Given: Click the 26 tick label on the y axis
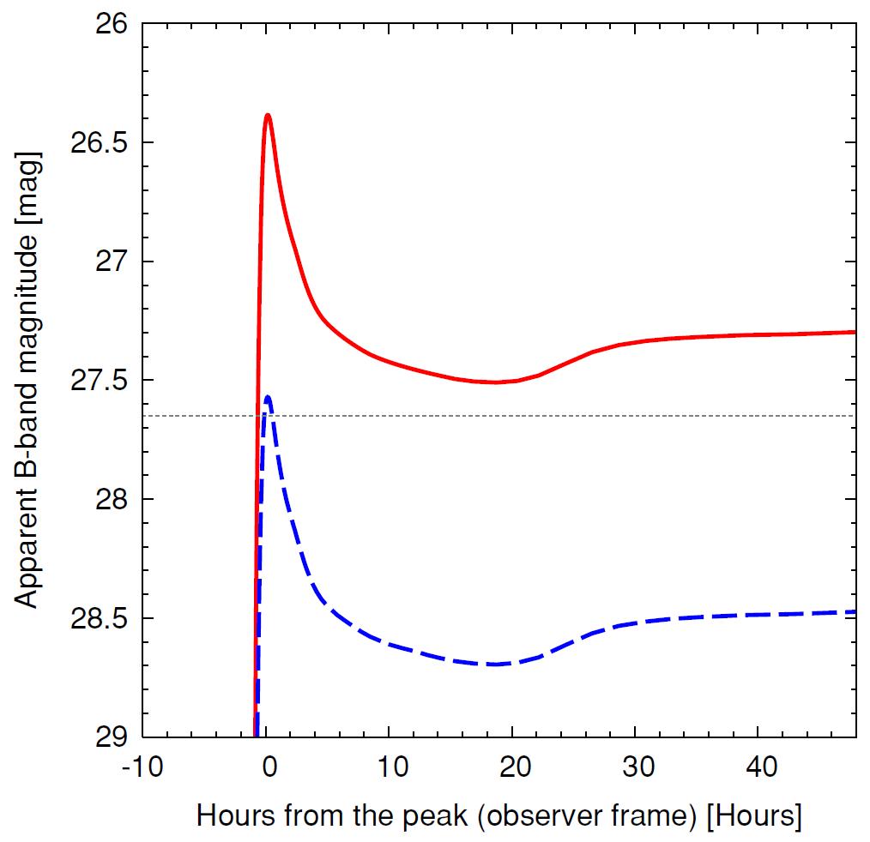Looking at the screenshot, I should [x=109, y=24].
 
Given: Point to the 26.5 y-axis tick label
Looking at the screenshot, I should [x=98, y=143].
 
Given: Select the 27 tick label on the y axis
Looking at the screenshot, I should [x=109, y=262].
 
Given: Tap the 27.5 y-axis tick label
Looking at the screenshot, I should [x=98, y=381].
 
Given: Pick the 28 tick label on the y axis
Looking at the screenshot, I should [x=109, y=500].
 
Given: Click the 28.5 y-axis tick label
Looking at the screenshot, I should [x=98, y=618].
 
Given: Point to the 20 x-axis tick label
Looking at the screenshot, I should [x=512, y=766].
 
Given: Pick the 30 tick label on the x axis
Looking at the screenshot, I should [x=635, y=766].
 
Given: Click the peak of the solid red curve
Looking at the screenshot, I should [x=268, y=115].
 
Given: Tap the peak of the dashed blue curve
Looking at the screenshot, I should [x=268, y=397].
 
